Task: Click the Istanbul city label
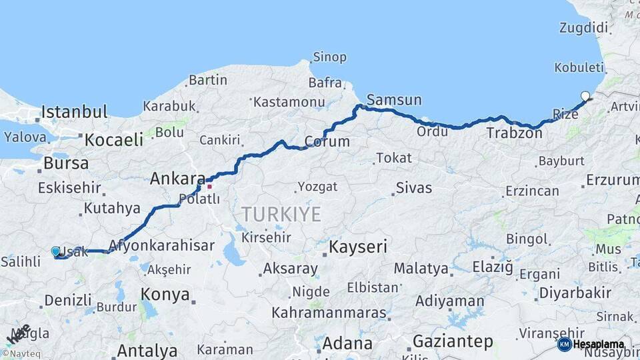point(74,111)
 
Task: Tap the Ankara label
point(177,179)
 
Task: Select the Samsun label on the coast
point(394,100)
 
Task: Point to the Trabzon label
point(514,133)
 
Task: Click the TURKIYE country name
point(281,214)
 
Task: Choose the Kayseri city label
point(359,247)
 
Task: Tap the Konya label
point(165,295)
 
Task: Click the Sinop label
point(329,57)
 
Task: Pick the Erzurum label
point(613,180)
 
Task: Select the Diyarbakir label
point(575,293)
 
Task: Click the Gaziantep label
point(453,342)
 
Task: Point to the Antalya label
point(147,350)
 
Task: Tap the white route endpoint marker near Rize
point(585,96)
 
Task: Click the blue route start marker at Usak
point(55,251)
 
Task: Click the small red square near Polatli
point(209,186)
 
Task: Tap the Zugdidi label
point(584,28)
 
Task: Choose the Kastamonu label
point(289,102)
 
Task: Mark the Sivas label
point(413,187)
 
